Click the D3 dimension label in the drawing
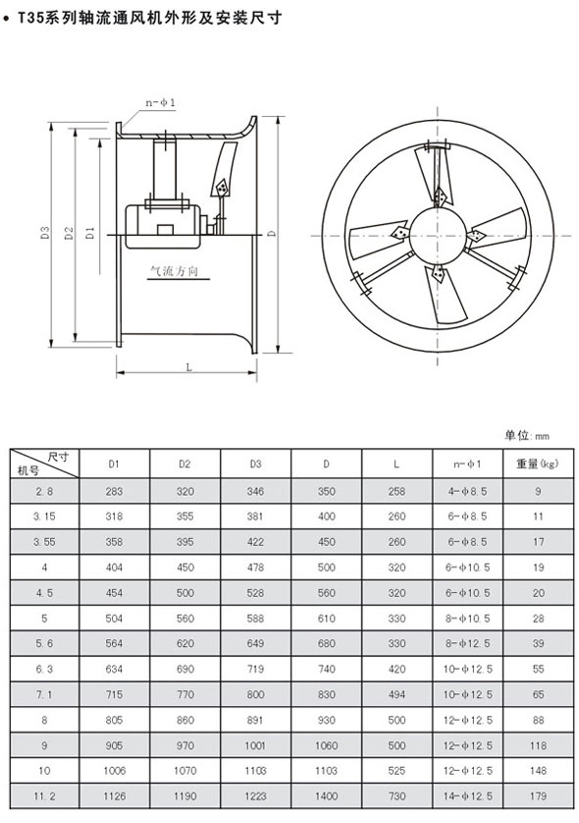[45, 233]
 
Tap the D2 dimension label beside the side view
[70, 233]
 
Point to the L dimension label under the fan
[189, 367]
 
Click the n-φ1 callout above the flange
[160, 103]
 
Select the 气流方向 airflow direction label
[175, 271]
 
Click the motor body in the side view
[164, 226]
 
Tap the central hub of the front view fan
[438, 235]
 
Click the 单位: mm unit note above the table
[527, 435]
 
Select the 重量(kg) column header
[538, 464]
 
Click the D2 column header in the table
[184, 464]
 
